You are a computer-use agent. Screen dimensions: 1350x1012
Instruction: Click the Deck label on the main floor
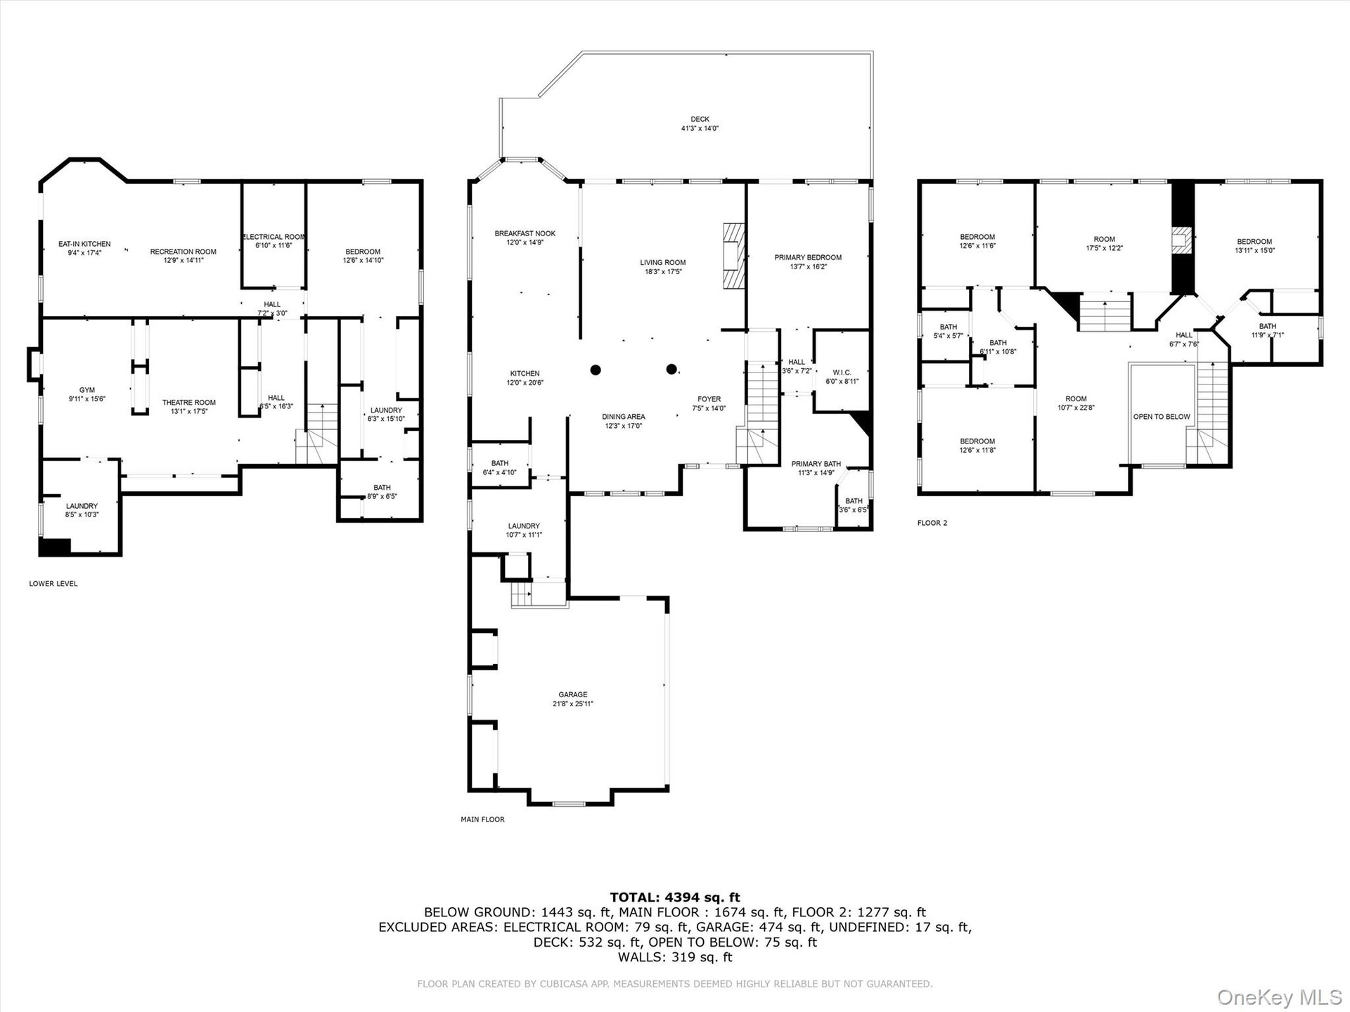click(x=700, y=119)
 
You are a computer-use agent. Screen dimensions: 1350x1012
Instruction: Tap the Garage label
click(x=573, y=694)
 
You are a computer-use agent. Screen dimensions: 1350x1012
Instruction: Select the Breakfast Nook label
click(x=525, y=233)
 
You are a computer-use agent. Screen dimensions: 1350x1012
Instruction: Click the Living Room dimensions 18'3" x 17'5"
click(x=662, y=271)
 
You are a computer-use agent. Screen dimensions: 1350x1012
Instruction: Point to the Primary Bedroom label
click(x=808, y=257)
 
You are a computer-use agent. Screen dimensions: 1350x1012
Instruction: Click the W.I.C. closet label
click(x=842, y=372)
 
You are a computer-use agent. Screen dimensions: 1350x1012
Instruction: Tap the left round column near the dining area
click(x=596, y=370)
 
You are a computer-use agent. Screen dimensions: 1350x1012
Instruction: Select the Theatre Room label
click(x=189, y=403)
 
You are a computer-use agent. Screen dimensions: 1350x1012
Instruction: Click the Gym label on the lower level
click(x=87, y=390)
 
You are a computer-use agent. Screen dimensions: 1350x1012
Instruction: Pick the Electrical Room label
click(x=274, y=237)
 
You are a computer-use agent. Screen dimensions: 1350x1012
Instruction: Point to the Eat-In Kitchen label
click(x=84, y=244)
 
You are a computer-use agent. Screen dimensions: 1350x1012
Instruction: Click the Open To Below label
click(x=1162, y=417)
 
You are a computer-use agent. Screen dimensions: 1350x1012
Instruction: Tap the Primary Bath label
click(x=816, y=464)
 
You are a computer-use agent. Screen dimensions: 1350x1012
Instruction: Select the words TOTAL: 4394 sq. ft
click(x=675, y=897)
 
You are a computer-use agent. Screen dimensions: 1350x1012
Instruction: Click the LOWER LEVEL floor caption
click(x=53, y=583)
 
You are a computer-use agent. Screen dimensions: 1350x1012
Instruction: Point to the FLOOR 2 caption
click(x=932, y=523)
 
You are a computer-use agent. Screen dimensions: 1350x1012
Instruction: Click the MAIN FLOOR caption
click(x=482, y=819)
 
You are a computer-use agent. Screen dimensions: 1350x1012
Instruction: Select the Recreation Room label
click(x=184, y=252)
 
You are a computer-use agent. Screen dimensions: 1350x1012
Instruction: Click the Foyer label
click(x=709, y=399)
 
